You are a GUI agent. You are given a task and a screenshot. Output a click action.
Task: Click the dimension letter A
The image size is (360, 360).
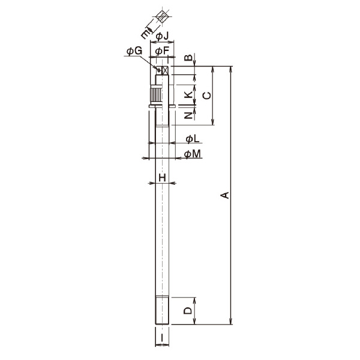[224, 196]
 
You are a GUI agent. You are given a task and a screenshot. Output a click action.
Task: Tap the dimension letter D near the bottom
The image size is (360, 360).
[187, 311]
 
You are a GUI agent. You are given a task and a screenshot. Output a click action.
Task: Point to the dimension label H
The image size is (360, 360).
[161, 177]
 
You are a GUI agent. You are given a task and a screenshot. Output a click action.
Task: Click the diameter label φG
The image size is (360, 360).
[133, 52]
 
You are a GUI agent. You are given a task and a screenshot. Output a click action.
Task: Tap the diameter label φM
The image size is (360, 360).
[192, 154]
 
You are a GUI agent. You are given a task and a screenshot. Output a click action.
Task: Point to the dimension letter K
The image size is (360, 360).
[187, 95]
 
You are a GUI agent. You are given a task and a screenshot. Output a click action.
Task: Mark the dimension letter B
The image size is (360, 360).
[187, 58]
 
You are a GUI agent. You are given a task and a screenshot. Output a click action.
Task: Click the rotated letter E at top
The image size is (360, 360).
[146, 30]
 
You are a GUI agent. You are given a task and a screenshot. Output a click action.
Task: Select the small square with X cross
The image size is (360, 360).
[164, 70]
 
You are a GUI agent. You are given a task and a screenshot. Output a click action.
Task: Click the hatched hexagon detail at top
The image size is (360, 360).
[161, 16]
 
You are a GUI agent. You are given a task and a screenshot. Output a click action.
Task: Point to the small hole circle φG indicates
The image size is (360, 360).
[159, 70]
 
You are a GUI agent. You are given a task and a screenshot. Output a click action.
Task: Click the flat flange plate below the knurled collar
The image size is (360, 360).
[160, 107]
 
